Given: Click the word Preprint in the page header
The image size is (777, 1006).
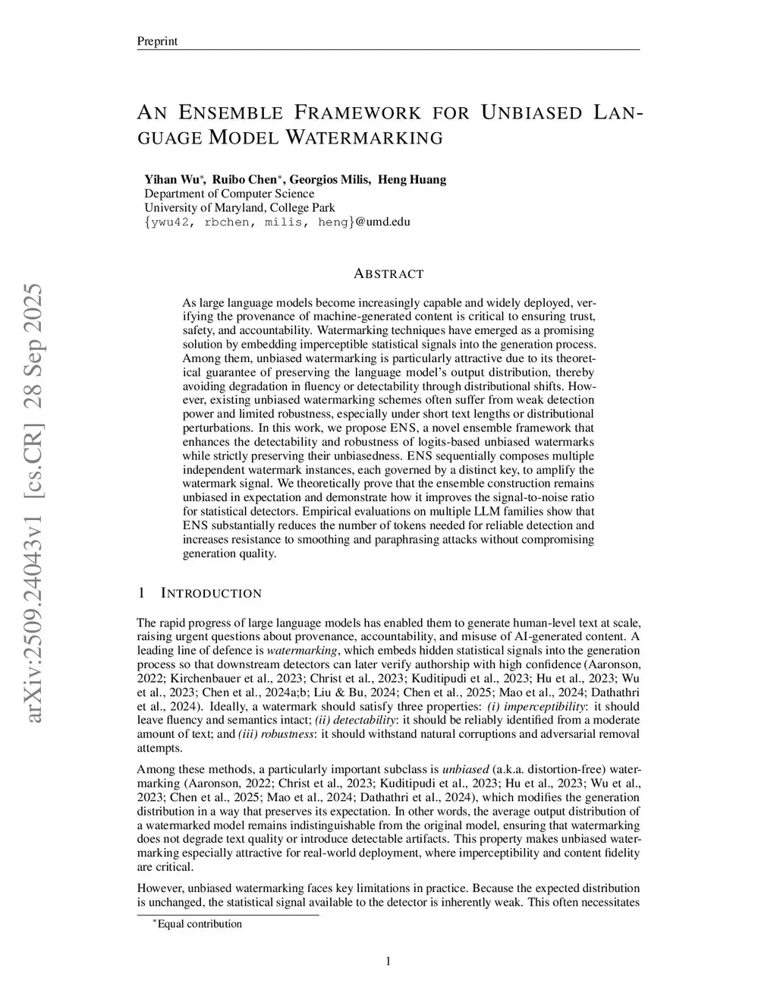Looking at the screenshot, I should (x=157, y=41).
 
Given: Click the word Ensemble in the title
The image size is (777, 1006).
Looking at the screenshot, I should (x=231, y=114).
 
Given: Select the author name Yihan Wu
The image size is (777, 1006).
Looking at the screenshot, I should (x=172, y=180).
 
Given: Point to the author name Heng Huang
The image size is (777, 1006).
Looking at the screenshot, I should (x=412, y=180).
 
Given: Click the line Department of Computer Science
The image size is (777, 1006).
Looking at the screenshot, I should (x=229, y=194).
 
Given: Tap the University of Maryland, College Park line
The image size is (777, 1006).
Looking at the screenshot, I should (x=240, y=207).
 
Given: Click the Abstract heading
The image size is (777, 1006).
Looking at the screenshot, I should (x=388, y=274).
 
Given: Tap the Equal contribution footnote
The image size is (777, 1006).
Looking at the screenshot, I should (x=200, y=924).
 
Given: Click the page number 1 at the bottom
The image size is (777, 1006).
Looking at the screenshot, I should (x=388, y=962).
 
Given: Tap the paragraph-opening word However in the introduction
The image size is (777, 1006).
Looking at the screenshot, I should (x=161, y=888).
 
